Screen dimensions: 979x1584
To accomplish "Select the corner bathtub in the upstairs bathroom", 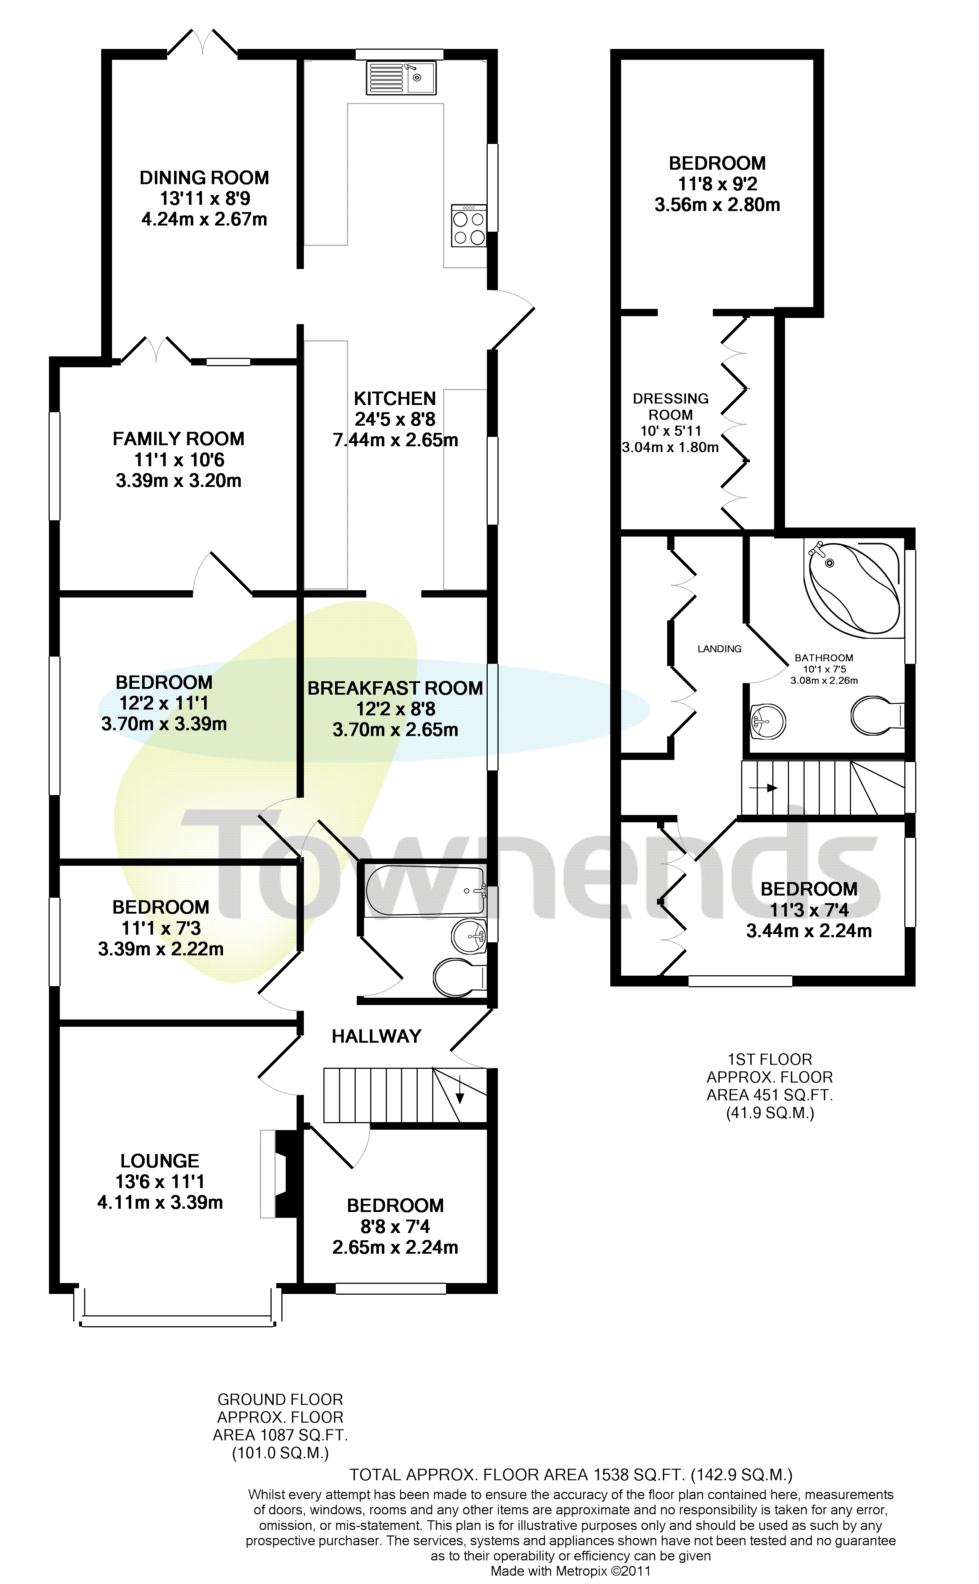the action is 852,587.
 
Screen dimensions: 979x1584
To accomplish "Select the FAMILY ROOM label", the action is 179,439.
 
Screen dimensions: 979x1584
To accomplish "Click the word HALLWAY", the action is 376,1037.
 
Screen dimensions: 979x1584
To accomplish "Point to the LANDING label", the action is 719,649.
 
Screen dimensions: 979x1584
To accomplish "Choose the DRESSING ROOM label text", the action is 671,406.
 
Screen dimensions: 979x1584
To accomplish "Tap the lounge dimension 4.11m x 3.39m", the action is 160,1203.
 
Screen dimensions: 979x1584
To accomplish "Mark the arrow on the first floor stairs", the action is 763,788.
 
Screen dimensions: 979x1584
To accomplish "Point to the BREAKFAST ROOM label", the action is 395,688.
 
